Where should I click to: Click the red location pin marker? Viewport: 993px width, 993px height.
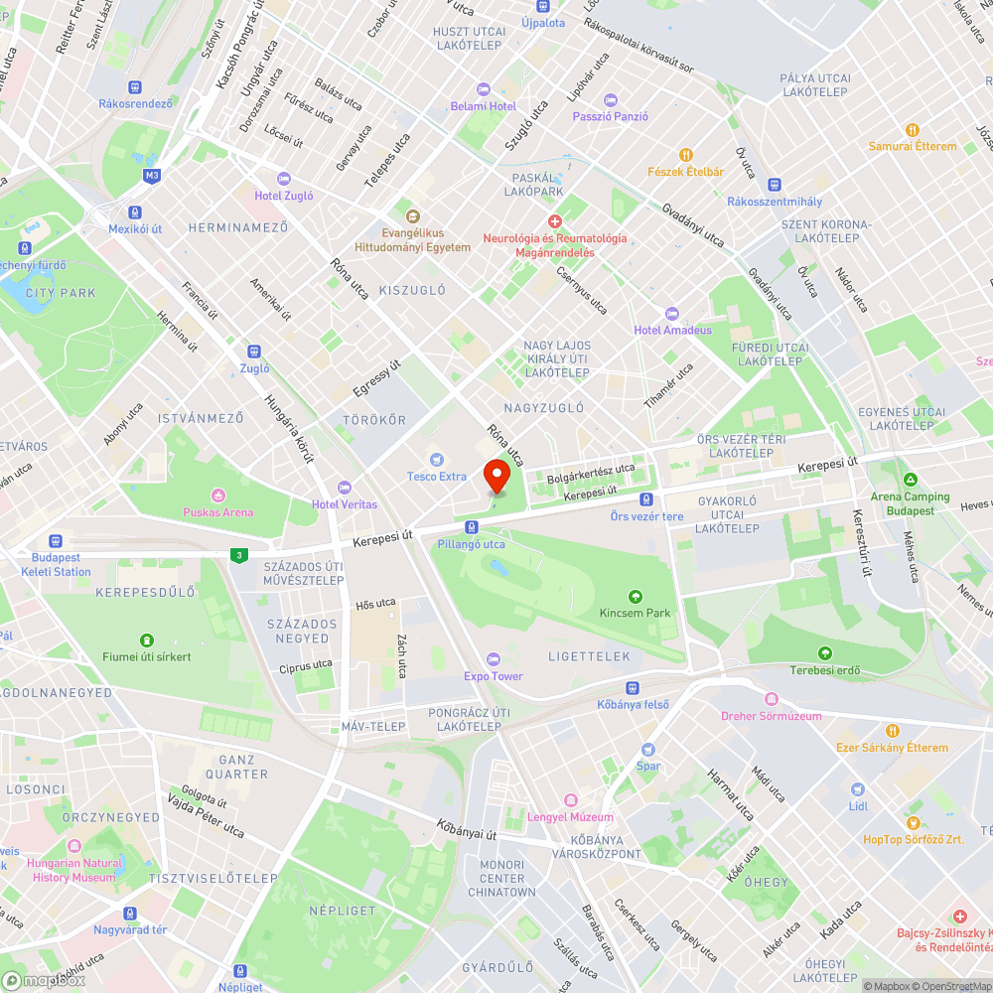tap(496, 477)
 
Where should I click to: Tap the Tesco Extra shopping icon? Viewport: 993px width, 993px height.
tap(436, 459)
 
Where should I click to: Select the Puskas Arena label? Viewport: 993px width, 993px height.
tap(217, 512)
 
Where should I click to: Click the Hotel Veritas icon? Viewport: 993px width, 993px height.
tap(345, 487)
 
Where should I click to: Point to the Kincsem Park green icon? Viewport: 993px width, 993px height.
tap(636, 596)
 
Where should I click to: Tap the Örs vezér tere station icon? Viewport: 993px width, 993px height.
tap(646, 499)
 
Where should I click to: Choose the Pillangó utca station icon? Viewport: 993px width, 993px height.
tap(471, 526)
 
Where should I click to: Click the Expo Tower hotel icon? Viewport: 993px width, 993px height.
tap(494, 659)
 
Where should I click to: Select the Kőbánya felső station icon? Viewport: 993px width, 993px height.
tap(633, 688)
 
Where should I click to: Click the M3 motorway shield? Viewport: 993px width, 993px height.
tap(151, 176)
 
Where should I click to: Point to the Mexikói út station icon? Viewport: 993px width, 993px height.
tap(134, 212)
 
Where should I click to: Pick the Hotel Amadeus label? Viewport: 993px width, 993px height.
tap(673, 330)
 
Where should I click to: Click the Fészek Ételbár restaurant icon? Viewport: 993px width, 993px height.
tap(685, 154)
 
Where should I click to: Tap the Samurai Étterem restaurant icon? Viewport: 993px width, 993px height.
tap(912, 129)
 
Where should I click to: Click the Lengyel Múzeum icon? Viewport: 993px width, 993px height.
tap(570, 799)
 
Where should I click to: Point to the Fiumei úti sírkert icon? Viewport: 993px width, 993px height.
tap(147, 639)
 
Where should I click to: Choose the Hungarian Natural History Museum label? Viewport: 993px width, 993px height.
tap(73, 870)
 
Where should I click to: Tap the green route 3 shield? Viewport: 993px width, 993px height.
tap(237, 556)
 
